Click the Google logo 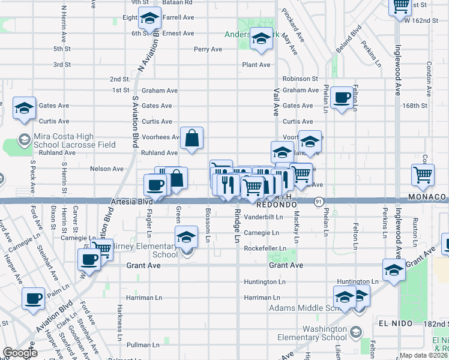click(20, 353)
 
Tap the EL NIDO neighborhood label click(396, 323)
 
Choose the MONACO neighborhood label click(427, 197)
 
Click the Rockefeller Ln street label click(262, 248)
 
